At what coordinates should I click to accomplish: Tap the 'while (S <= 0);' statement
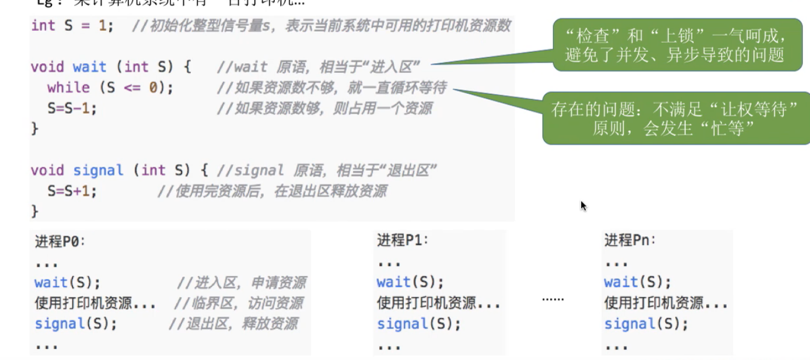[x=110, y=88]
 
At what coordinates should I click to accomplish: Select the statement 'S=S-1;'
[x=72, y=109]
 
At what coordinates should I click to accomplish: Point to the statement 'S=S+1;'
[x=72, y=191]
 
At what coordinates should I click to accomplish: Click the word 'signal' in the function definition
[x=98, y=170]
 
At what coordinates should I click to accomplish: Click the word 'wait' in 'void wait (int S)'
[x=89, y=67]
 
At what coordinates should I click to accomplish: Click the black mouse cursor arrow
[x=583, y=205]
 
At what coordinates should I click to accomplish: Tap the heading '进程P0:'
[x=60, y=241]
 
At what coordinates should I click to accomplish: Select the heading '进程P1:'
[x=403, y=240]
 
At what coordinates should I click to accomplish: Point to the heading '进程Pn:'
[x=630, y=240]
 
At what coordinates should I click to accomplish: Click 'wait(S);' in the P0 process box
[x=67, y=283]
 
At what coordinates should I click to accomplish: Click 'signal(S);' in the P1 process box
[x=418, y=324]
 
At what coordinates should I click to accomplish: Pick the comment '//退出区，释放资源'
[x=233, y=324]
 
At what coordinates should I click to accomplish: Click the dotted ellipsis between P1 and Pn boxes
[x=553, y=299]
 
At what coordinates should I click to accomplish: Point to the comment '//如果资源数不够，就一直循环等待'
[x=331, y=88]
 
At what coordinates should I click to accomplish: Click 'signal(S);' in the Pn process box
[x=646, y=324]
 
